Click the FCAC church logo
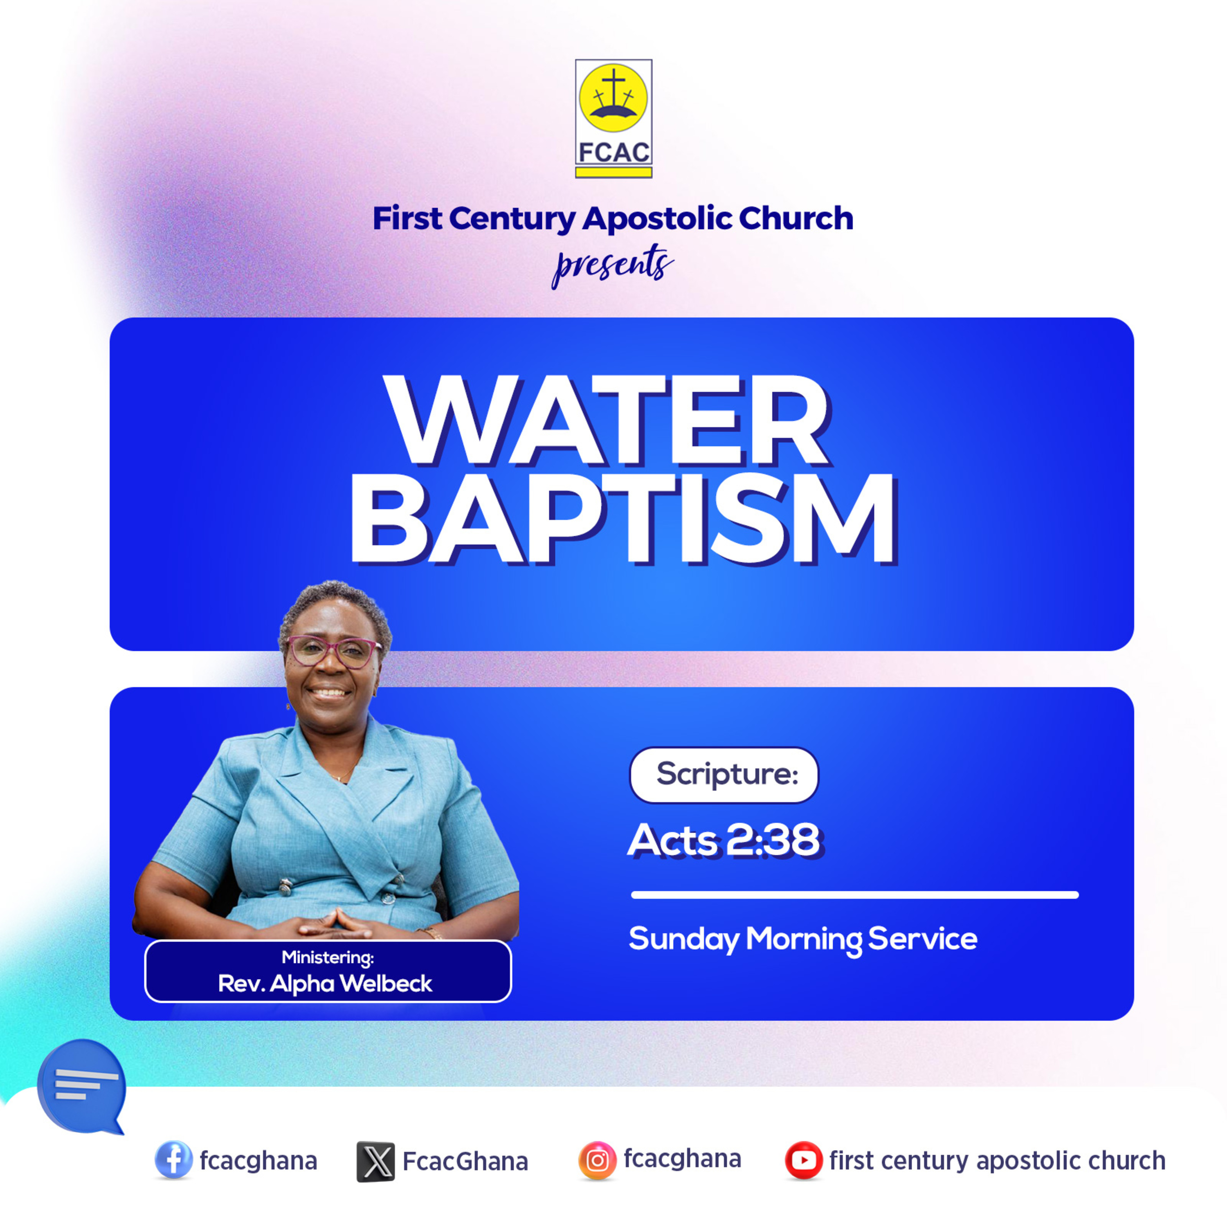613,119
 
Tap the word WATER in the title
608,420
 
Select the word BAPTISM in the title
624,519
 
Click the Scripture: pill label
724,775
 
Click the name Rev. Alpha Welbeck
325,984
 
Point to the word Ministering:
328,957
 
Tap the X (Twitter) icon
375,1162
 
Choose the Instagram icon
597,1160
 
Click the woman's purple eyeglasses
334,652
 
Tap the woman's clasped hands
334,924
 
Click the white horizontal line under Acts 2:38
855,895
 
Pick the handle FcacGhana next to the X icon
465,1162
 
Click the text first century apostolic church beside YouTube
998,1160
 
